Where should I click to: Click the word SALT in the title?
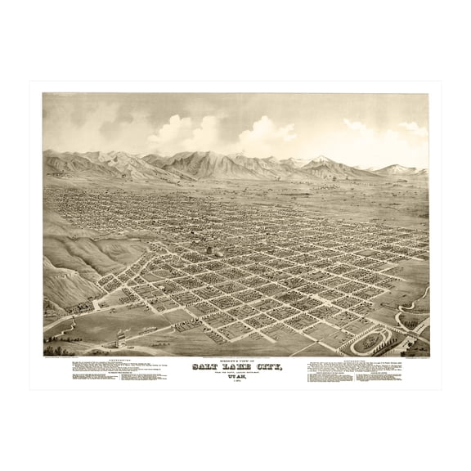pos(206,368)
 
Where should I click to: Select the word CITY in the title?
pos(264,368)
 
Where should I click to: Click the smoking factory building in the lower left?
pos(120,335)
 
